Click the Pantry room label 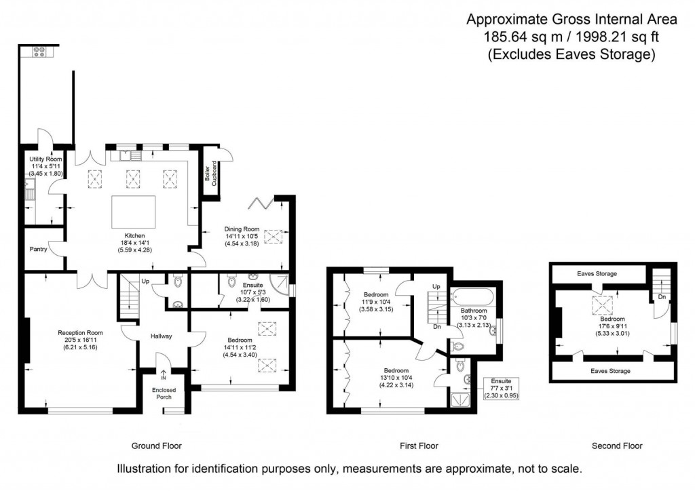coord(38,249)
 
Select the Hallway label coord(162,336)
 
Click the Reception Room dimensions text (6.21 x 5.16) coord(79,347)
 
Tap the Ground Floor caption coord(156,446)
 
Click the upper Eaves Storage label coord(597,274)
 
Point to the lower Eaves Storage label coord(610,371)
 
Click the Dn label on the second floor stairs coord(660,296)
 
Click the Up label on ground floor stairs coord(145,281)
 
